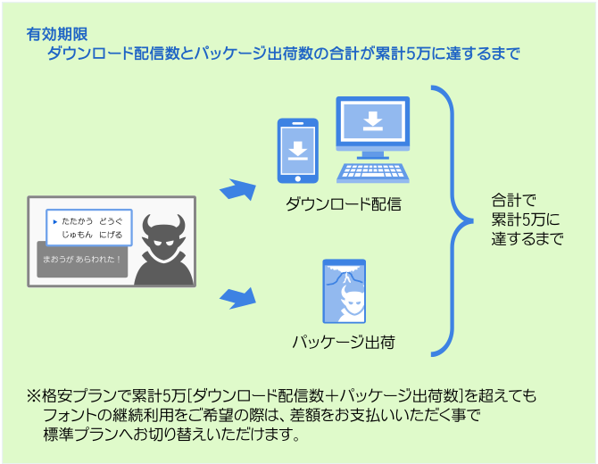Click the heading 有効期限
tap(57, 35)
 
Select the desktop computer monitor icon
tap(372, 125)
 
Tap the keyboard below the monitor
tap(373, 171)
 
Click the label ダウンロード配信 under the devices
tap(344, 204)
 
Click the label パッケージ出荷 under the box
tap(344, 342)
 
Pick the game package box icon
tap(344, 292)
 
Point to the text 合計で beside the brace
tap(513, 201)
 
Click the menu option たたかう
tap(77, 220)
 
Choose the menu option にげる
tap(111, 235)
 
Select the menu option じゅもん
tap(77, 235)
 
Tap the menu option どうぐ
tap(111, 220)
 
